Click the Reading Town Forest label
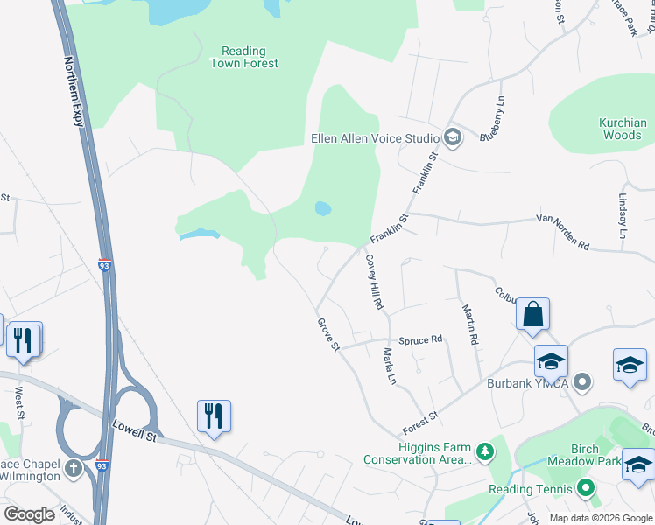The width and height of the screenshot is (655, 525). pyautogui.click(x=244, y=57)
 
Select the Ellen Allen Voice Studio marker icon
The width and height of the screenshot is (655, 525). pyautogui.click(x=452, y=137)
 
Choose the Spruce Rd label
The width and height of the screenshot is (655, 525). pyautogui.click(x=420, y=339)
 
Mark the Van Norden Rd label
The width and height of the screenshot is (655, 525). pyautogui.click(x=560, y=234)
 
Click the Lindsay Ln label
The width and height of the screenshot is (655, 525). pyautogui.click(x=623, y=217)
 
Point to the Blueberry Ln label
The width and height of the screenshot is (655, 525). pyautogui.click(x=495, y=118)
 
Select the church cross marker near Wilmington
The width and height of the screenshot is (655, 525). pyautogui.click(x=73, y=469)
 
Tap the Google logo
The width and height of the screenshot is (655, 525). pyautogui.click(x=29, y=514)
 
